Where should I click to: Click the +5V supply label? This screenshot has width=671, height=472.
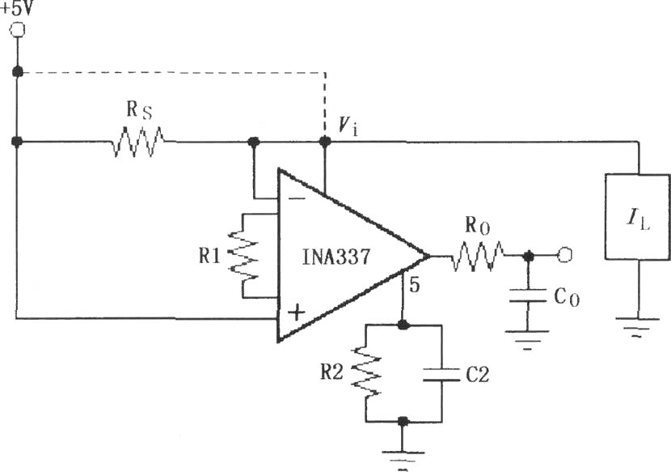pos(16,8)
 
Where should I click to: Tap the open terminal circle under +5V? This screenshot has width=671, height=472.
pos(18,30)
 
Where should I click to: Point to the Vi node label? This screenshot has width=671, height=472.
pos(347,126)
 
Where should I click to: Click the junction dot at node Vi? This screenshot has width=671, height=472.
pos(325,141)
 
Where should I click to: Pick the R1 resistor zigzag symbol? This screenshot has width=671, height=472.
pos(243,256)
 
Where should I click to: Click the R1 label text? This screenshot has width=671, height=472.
pos(209,256)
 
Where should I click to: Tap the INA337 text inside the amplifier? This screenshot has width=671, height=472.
pos(336,257)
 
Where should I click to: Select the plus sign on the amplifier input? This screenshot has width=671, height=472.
pos(296,313)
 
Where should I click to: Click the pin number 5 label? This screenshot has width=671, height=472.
pos(414,285)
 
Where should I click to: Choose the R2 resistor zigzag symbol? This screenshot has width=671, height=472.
pos(366,372)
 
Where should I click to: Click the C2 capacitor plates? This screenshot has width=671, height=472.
pos(441,374)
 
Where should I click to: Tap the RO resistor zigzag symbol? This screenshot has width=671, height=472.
pos(478,256)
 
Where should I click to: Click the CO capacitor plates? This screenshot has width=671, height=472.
pos(528,296)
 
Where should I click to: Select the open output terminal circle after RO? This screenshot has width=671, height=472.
pos(565,255)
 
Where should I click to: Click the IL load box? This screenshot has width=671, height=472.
pos(638,216)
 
